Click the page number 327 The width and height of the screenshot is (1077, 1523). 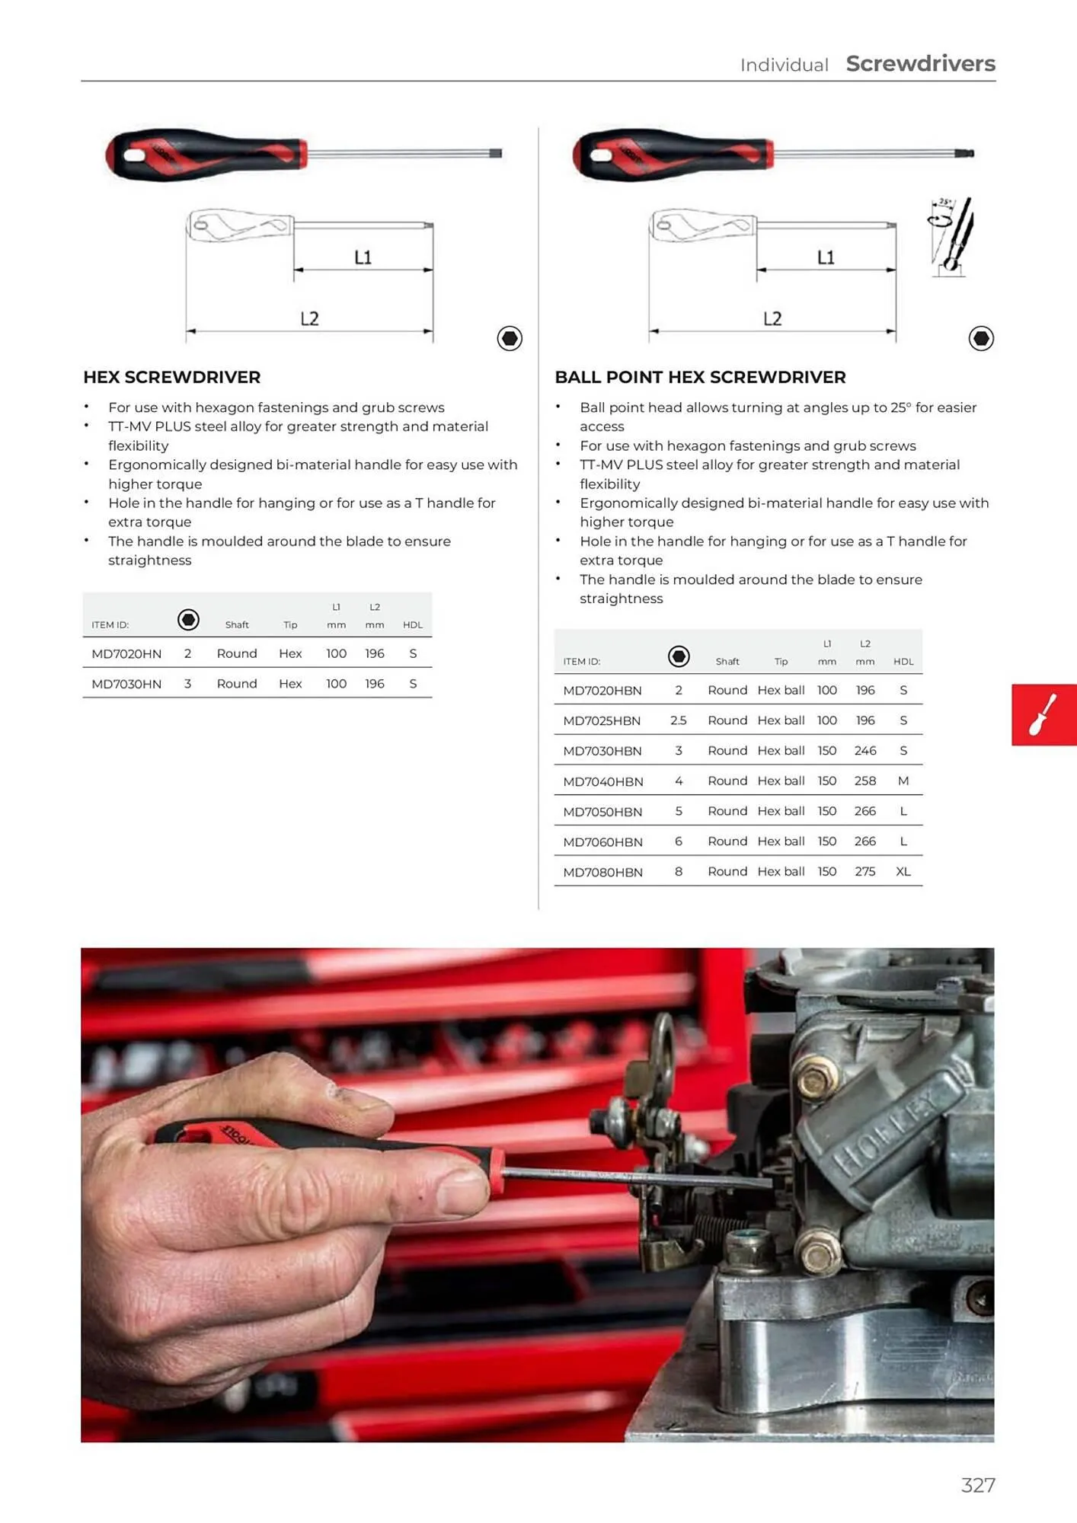978,1485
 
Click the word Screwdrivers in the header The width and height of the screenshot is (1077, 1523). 920,64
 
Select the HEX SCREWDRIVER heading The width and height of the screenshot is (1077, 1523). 171,377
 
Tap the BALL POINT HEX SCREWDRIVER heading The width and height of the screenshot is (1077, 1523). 700,377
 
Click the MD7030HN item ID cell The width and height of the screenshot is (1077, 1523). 126,684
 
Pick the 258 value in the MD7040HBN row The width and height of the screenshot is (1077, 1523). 864,781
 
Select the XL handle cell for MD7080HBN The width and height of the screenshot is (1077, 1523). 903,871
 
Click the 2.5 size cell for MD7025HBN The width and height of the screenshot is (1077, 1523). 678,720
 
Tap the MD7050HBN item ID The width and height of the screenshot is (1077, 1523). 602,812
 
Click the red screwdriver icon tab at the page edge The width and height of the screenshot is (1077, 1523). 1043,714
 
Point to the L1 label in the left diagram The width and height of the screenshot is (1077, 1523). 363,257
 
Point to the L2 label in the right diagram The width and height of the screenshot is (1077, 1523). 772,318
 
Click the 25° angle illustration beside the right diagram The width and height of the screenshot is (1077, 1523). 951,236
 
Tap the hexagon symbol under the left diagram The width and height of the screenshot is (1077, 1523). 510,338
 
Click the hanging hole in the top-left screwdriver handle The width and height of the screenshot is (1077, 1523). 133,156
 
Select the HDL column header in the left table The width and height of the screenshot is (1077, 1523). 412,624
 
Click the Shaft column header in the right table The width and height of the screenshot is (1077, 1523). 727,661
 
